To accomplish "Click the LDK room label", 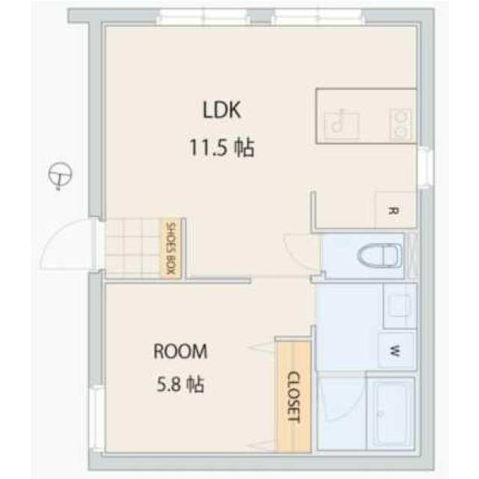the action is tap(222, 110).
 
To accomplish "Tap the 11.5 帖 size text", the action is tap(222, 147).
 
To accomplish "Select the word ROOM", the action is tap(180, 351).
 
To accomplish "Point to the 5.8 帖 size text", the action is tap(180, 384).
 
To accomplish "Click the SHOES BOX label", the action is tap(171, 248).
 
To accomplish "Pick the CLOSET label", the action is tap(294, 397).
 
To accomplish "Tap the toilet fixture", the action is tap(379, 255).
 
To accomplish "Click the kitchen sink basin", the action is tap(342, 126).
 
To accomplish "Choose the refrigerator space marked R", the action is tap(395, 210).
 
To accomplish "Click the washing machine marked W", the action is tap(397, 351).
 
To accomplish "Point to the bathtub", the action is tap(391, 414).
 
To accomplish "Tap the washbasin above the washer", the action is tap(400, 306).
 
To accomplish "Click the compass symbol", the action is tap(60, 175).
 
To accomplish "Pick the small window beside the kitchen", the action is tap(427, 167).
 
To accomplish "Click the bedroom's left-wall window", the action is tap(95, 418).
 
